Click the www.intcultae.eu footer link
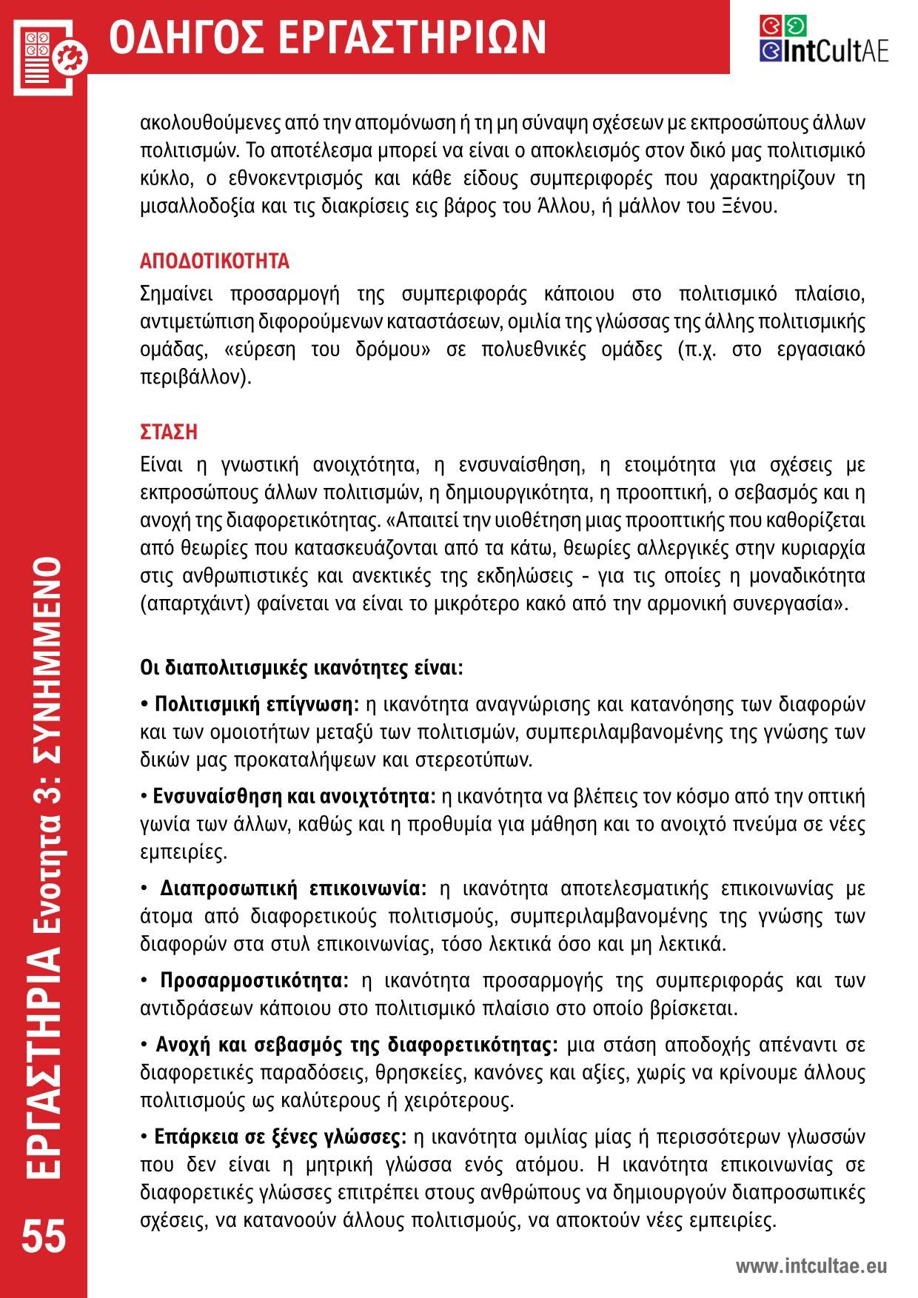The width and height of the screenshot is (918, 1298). [x=811, y=1266]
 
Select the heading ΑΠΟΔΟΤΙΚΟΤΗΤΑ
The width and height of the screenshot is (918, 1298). [x=215, y=261]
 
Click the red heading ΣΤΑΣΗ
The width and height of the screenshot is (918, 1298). [x=169, y=431]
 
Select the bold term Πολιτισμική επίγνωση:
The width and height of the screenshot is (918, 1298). [x=255, y=702]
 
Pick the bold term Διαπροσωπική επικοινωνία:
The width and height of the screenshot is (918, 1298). [x=293, y=888]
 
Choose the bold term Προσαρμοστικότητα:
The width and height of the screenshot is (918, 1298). [x=255, y=980]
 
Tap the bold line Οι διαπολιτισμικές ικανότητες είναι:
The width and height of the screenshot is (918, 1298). [x=301, y=667]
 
